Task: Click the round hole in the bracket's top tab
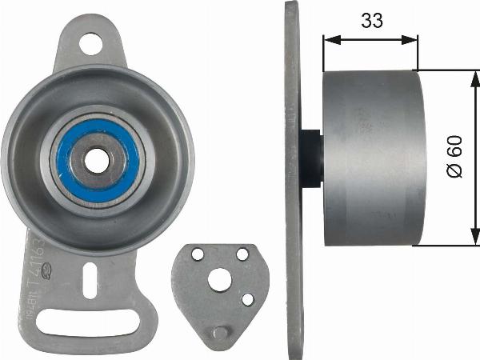pyautogui.click(x=91, y=43)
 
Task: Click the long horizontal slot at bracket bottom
pyautogui.click(x=90, y=326)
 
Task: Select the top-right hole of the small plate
pyautogui.click(x=242, y=254)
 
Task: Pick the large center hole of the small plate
pyautogui.click(x=220, y=279)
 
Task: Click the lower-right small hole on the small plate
pyautogui.click(x=247, y=299)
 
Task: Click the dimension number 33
pyautogui.click(x=370, y=22)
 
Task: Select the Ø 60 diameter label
pyautogui.click(x=454, y=158)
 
